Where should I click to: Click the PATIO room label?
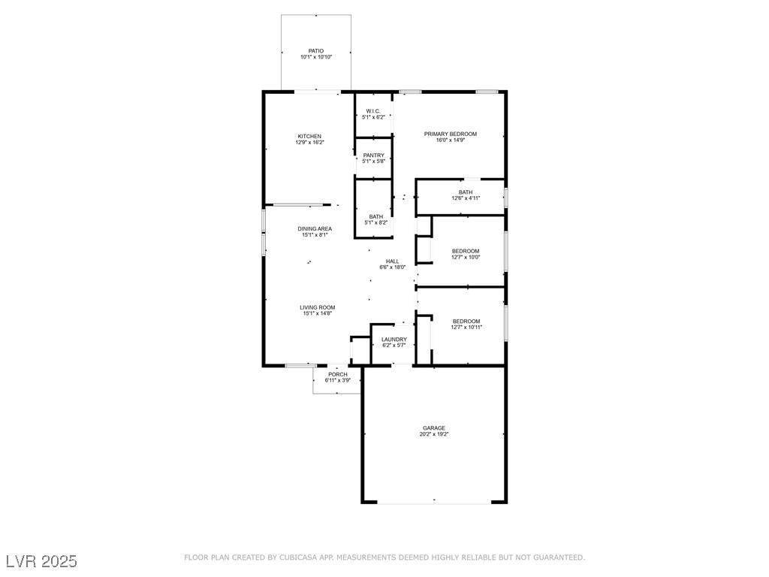(x=316, y=51)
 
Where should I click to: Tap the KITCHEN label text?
(x=309, y=137)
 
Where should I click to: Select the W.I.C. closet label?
(x=373, y=111)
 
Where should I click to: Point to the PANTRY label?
(x=374, y=156)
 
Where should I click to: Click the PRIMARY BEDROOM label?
(x=451, y=134)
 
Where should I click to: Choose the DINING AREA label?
(x=315, y=228)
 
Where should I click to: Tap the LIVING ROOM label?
(x=318, y=307)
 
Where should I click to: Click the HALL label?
(x=392, y=261)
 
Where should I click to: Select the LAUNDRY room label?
(x=394, y=340)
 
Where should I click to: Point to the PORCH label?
(x=338, y=374)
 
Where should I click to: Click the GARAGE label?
(x=434, y=428)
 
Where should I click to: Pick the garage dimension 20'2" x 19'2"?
(x=434, y=434)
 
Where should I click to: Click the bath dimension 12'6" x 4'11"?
(x=466, y=198)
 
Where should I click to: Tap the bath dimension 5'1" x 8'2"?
(x=376, y=222)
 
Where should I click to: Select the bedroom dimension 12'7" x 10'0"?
(x=466, y=257)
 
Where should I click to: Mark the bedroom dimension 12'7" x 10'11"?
(x=466, y=328)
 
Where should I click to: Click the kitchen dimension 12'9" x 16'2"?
(x=310, y=142)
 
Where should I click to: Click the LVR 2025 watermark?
(x=42, y=561)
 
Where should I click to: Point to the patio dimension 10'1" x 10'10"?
(x=316, y=57)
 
